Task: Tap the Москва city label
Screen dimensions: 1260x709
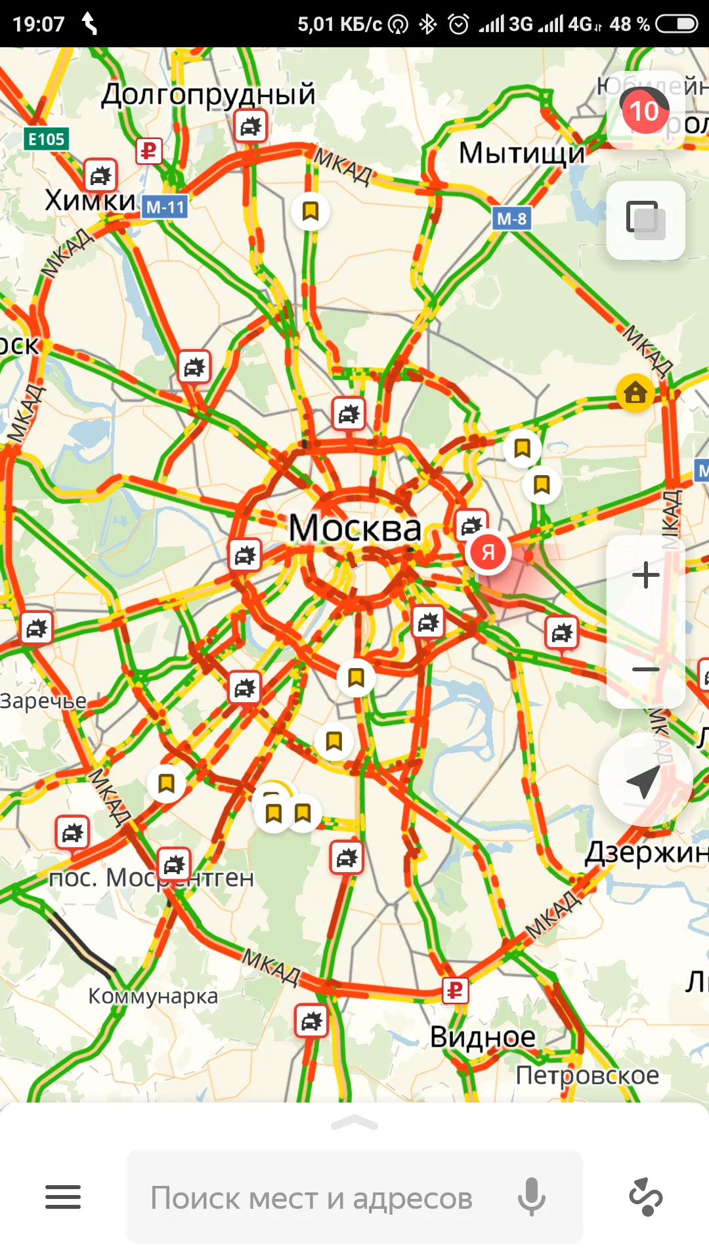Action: pyautogui.click(x=355, y=528)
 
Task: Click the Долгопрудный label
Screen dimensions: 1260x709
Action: pyautogui.click(x=208, y=94)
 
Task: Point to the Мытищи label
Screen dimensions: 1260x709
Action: pyautogui.click(x=521, y=154)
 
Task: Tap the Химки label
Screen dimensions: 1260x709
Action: pyautogui.click(x=91, y=200)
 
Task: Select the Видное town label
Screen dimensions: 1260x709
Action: pyautogui.click(x=483, y=1038)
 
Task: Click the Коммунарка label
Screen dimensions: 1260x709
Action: pyautogui.click(x=153, y=996)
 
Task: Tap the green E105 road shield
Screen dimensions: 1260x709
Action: pyautogui.click(x=47, y=139)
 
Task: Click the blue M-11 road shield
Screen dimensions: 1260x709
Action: pyautogui.click(x=165, y=207)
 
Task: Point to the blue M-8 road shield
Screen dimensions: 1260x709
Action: pyautogui.click(x=511, y=219)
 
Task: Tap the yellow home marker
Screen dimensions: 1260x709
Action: pyautogui.click(x=635, y=393)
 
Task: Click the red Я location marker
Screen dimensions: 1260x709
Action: pyautogui.click(x=488, y=552)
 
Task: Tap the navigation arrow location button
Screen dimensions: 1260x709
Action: pyautogui.click(x=645, y=780)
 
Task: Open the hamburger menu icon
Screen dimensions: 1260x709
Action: pyautogui.click(x=63, y=1197)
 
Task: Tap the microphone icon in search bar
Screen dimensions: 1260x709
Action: pyautogui.click(x=531, y=1197)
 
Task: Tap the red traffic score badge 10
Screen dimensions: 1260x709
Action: pyautogui.click(x=644, y=112)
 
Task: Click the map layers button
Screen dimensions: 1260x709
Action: pyautogui.click(x=645, y=220)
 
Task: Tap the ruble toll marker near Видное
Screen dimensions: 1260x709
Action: pyautogui.click(x=455, y=990)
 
